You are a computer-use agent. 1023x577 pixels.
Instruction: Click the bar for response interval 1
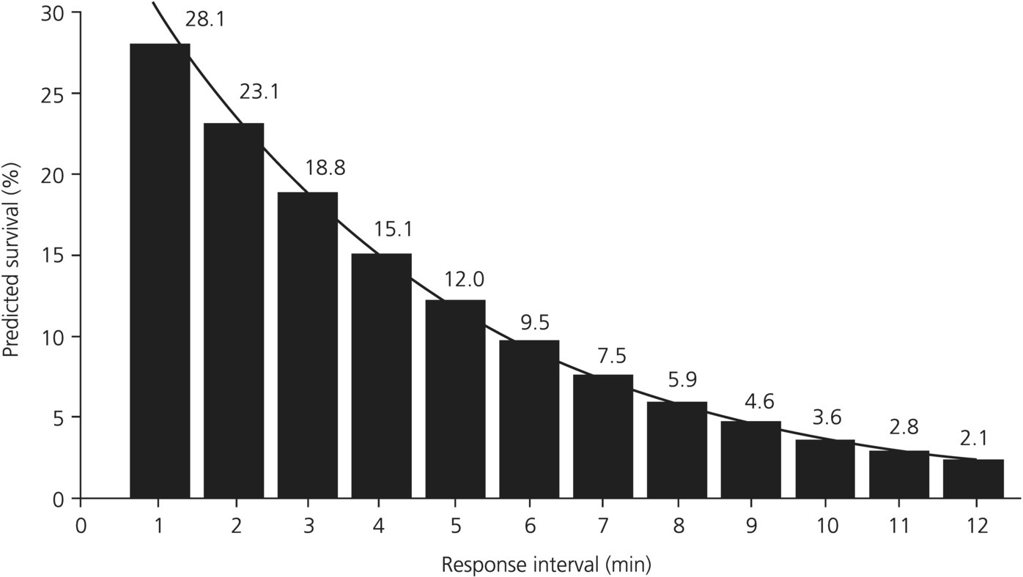(160, 271)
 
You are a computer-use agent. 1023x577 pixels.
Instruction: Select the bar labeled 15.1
(381, 376)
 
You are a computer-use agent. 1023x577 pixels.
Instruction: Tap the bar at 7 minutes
(603, 436)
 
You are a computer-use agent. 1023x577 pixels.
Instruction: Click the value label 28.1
(205, 20)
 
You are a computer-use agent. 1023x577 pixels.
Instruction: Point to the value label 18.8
(326, 168)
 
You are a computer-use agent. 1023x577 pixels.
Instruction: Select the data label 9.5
(534, 323)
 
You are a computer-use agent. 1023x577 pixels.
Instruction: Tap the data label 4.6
(758, 402)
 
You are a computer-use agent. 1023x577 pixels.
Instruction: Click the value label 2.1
(974, 439)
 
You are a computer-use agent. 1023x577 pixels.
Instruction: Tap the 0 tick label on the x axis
(81, 526)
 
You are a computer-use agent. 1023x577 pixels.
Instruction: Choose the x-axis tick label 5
(455, 526)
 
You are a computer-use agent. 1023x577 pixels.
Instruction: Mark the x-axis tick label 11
(899, 526)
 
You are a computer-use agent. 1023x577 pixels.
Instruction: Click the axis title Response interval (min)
(546, 565)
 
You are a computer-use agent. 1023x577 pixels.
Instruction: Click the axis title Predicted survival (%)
(12, 259)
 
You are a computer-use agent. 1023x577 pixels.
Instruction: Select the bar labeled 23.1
(234, 310)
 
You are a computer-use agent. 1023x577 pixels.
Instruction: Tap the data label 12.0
(464, 280)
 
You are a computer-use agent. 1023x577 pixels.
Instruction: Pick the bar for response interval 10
(825, 469)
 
